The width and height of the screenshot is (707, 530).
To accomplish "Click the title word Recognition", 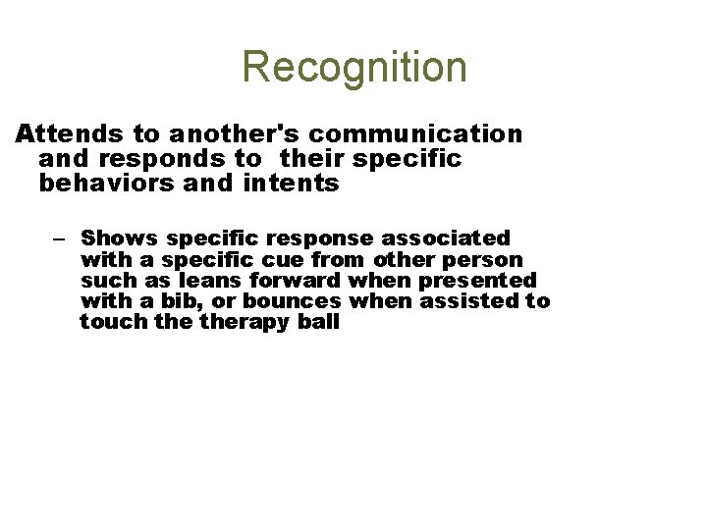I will (x=354, y=68).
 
